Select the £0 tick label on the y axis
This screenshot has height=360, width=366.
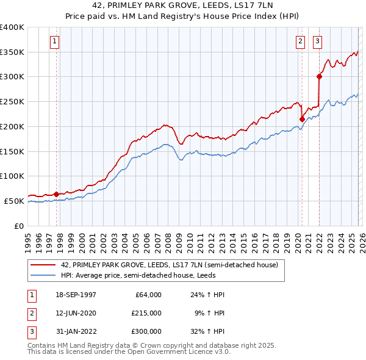click(x=18, y=226)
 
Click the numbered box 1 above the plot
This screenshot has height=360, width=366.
click(x=55, y=41)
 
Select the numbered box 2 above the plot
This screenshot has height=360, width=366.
click(x=301, y=41)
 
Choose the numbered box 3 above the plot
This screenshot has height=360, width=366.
click(x=318, y=41)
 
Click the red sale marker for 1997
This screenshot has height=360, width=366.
click(x=56, y=194)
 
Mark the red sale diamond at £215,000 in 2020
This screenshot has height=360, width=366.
click(x=301, y=119)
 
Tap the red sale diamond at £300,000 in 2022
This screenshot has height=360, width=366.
click(x=319, y=76)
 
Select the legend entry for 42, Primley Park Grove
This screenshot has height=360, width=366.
click(x=169, y=265)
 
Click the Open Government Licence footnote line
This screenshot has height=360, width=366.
click(x=129, y=352)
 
